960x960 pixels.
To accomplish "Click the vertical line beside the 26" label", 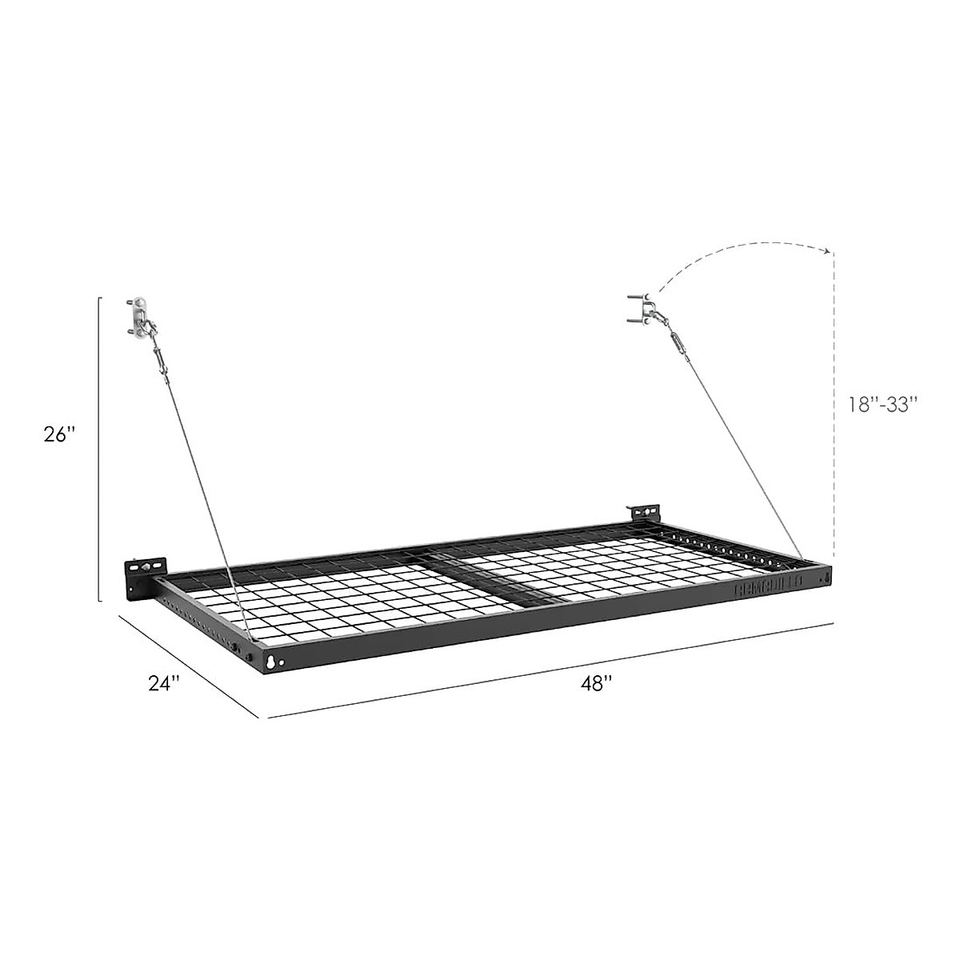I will tap(98, 448).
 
